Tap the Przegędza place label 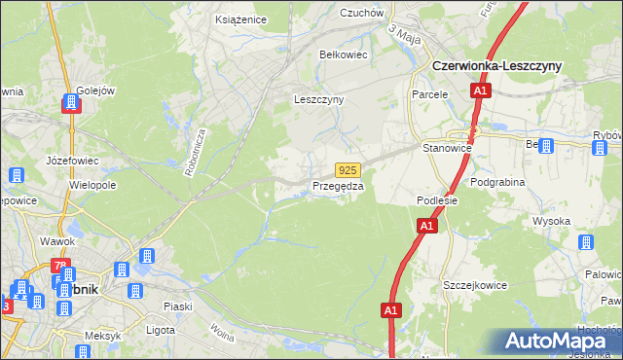click(x=338, y=186)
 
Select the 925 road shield click(x=349, y=168)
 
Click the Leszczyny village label click(x=318, y=99)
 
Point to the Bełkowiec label click(x=344, y=55)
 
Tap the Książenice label click(x=239, y=18)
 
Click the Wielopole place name click(x=92, y=184)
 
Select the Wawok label click(x=57, y=240)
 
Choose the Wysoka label click(x=551, y=221)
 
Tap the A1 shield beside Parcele click(x=480, y=91)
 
